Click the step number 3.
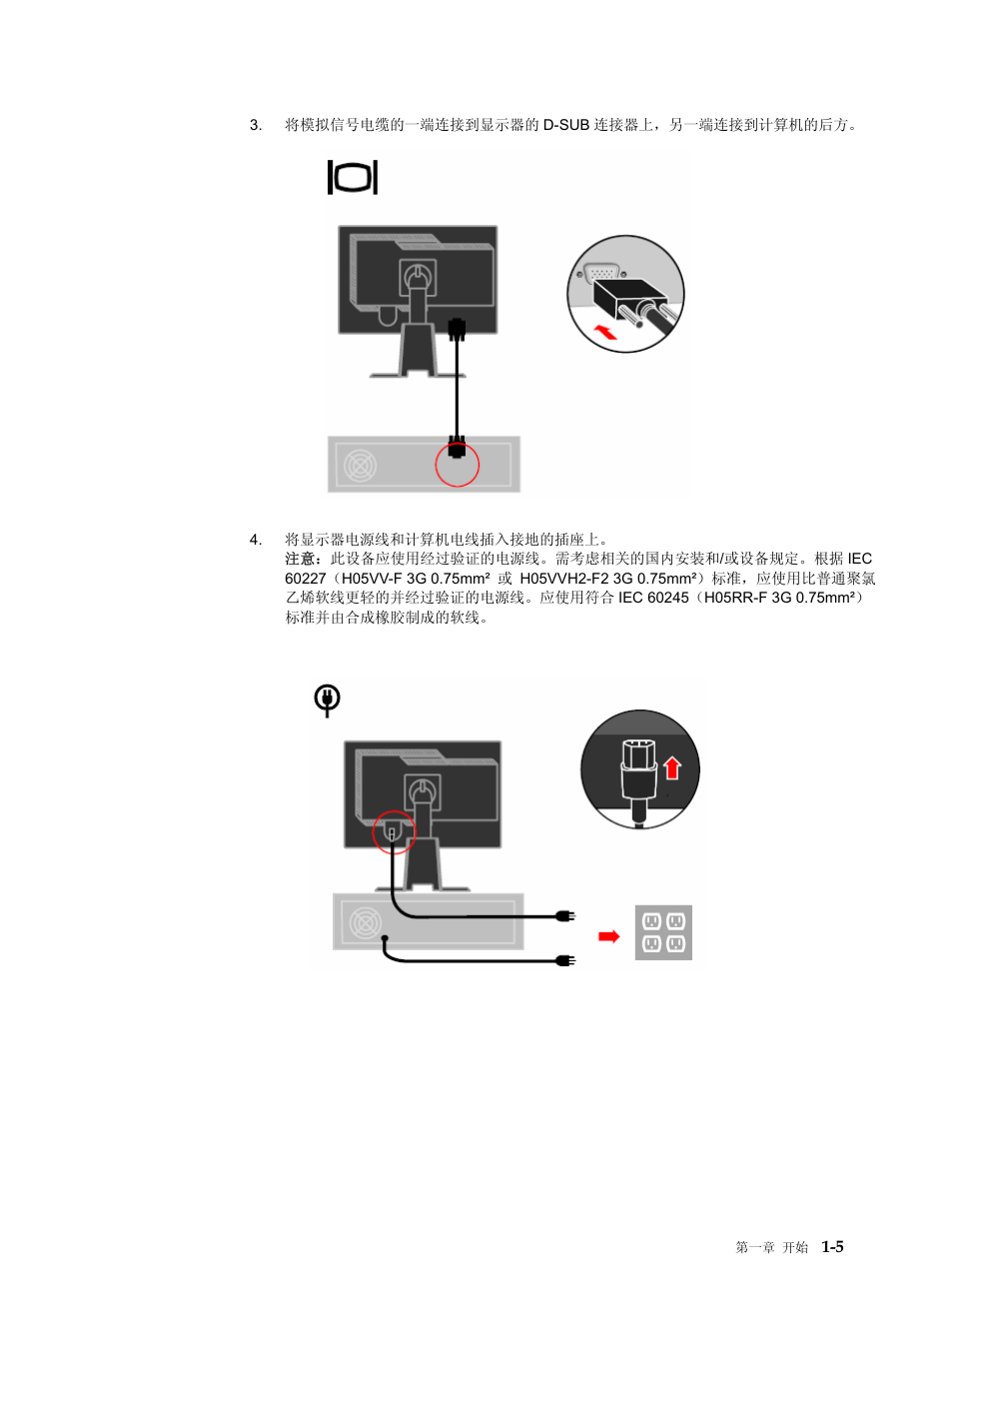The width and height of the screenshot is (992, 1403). pyautogui.click(x=256, y=125)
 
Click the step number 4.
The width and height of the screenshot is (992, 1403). pyautogui.click(x=256, y=540)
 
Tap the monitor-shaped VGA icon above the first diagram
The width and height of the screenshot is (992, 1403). pyautogui.click(x=353, y=177)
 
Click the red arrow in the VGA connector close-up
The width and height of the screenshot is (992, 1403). pyautogui.click(x=605, y=332)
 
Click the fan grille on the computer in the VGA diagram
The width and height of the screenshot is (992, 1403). pyautogui.click(x=360, y=466)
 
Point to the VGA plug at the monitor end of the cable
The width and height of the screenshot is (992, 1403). pyautogui.click(x=458, y=330)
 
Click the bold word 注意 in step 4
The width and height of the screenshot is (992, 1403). pyautogui.click(x=300, y=559)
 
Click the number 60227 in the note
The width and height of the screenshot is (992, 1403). pyautogui.click(x=305, y=579)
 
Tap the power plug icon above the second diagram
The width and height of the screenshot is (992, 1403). pyautogui.click(x=327, y=701)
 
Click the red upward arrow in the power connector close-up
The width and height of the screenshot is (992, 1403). pyautogui.click(x=672, y=767)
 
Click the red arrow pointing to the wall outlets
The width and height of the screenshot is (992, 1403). pyautogui.click(x=608, y=936)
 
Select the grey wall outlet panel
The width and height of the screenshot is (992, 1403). pyautogui.click(x=663, y=932)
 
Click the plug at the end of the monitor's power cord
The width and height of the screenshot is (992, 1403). pyautogui.click(x=566, y=916)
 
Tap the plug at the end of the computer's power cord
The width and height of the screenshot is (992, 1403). pyautogui.click(x=566, y=960)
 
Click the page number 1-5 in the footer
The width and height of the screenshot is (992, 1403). pyautogui.click(x=832, y=1247)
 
